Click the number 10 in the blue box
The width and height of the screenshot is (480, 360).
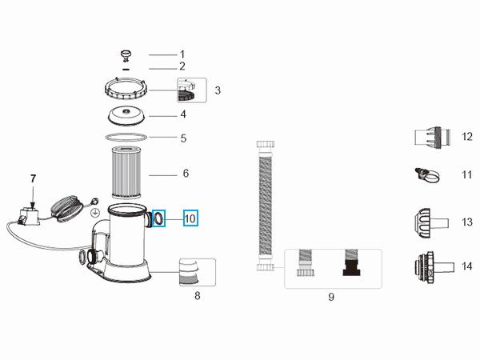click(x=190, y=218)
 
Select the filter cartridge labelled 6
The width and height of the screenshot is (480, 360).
click(x=126, y=173)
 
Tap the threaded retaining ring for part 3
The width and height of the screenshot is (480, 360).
click(x=126, y=89)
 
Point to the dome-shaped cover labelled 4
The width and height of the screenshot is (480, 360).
click(x=126, y=116)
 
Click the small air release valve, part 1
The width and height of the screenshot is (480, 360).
click(x=126, y=55)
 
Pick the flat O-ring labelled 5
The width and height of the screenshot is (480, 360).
click(x=126, y=137)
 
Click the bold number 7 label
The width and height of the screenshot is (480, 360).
click(x=33, y=178)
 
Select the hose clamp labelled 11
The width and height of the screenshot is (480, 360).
click(x=428, y=175)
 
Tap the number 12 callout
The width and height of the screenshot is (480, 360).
click(x=467, y=137)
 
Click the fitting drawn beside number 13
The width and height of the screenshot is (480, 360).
click(x=432, y=223)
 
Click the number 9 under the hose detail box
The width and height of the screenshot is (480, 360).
click(x=331, y=297)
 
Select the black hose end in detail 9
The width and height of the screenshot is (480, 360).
click(x=352, y=262)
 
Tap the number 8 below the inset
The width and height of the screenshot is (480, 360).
click(x=198, y=296)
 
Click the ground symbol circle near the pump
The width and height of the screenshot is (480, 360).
click(x=96, y=211)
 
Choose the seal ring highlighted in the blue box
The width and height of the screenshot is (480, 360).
click(x=159, y=218)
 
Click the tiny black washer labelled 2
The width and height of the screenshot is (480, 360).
click(x=126, y=69)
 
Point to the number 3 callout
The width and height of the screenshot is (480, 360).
click(x=218, y=90)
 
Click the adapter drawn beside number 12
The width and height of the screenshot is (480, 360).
click(x=433, y=138)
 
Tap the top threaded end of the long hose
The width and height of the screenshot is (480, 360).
click(x=265, y=144)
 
